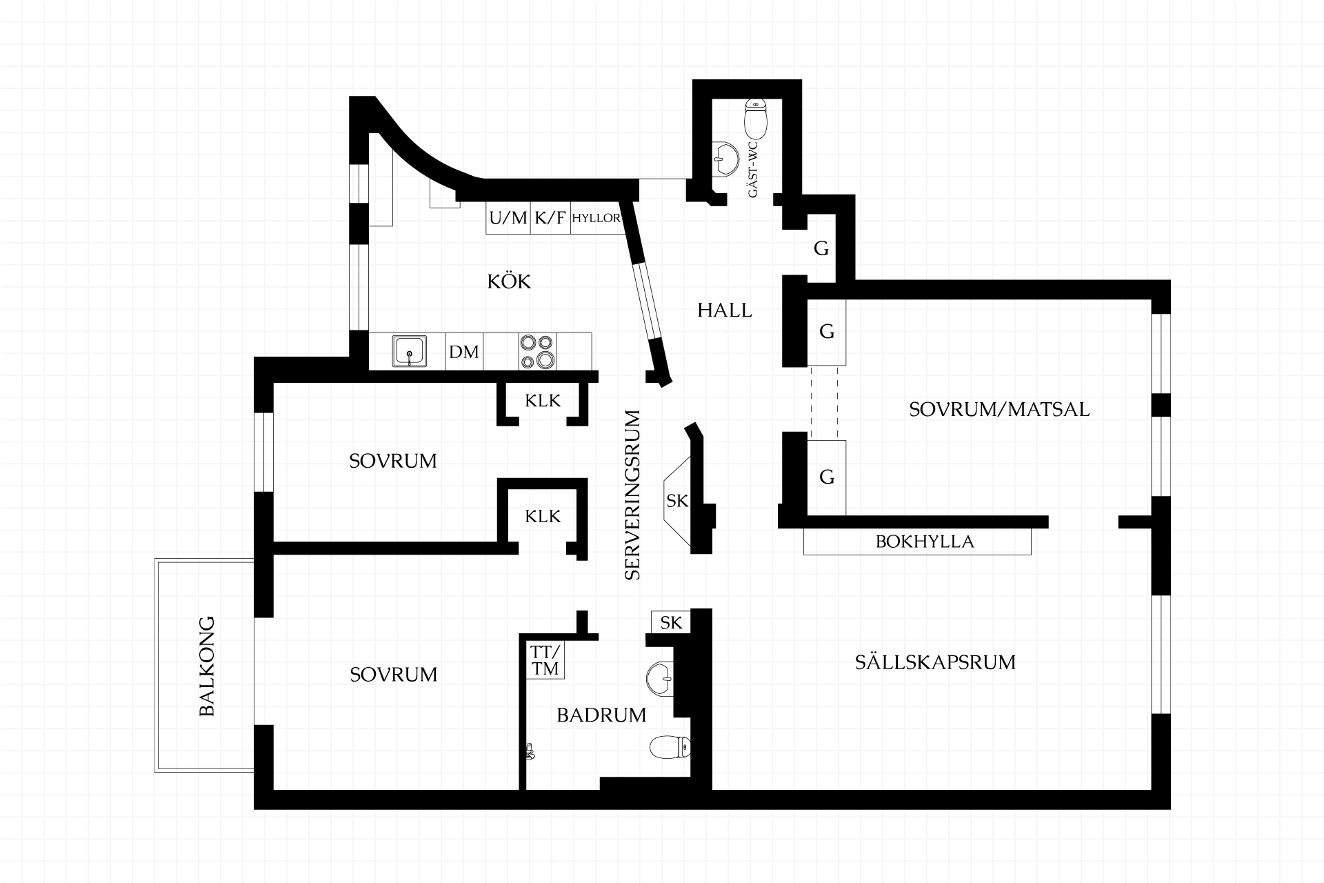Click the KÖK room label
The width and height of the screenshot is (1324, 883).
tap(509, 281)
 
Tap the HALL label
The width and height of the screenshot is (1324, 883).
tap(725, 310)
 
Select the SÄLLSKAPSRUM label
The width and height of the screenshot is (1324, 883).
tap(935, 662)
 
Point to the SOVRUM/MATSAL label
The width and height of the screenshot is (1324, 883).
tap(999, 409)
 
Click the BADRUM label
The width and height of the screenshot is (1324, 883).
tap(601, 715)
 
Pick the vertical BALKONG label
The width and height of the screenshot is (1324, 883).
tap(207, 666)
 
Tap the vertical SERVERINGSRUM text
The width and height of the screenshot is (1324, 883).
tap(633, 495)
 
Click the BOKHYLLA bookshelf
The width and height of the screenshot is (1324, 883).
tap(917, 542)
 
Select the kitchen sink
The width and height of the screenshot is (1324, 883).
tap(410, 351)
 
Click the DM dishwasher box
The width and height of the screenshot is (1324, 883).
tap(464, 351)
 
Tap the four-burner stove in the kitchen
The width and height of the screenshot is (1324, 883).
tap(537, 351)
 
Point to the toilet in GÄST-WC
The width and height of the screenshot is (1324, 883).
tap(756, 119)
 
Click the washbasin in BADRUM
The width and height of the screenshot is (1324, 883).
tap(660, 678)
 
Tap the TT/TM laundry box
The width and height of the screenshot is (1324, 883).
tap(545, 660)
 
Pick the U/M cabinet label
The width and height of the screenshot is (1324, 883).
tap(508, 218)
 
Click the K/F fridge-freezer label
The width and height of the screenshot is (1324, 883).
tap(550, 218)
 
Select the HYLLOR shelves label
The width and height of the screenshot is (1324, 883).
tap(596, 218)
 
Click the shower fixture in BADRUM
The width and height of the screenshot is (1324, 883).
tap(530, 751)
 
